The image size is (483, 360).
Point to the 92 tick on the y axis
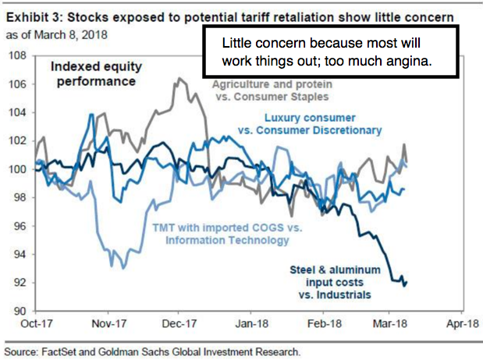click(17, 283)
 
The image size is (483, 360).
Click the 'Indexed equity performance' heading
click(97, 73)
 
